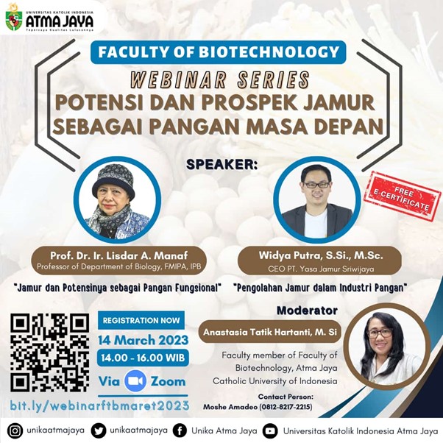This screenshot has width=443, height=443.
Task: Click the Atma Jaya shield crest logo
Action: click(13, 21)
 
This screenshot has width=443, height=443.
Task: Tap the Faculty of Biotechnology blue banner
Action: click(218, 52)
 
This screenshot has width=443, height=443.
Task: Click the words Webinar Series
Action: click(220, 79)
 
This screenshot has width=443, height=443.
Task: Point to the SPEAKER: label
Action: click(221, 165)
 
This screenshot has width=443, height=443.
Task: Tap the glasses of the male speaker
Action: click(316, 185)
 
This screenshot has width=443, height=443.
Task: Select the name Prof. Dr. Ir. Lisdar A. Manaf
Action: click(119, 255)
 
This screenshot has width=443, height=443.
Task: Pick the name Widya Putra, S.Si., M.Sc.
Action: click(321, 255)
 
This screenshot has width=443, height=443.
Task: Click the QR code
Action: click(50, 352)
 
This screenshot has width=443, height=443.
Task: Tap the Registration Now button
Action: click(141, 320)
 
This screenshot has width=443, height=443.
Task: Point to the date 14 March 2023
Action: click(143, 340)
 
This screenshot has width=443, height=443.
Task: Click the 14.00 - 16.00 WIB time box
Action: click(143, 358)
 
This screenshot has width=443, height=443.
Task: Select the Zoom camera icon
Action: click(135, 381)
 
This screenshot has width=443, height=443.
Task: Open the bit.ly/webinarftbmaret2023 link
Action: click(99, 405)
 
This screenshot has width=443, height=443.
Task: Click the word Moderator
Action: click(308, 311)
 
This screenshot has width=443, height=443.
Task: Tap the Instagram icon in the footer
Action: click(15, 430)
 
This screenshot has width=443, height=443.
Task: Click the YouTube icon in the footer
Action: click(270, 431)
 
